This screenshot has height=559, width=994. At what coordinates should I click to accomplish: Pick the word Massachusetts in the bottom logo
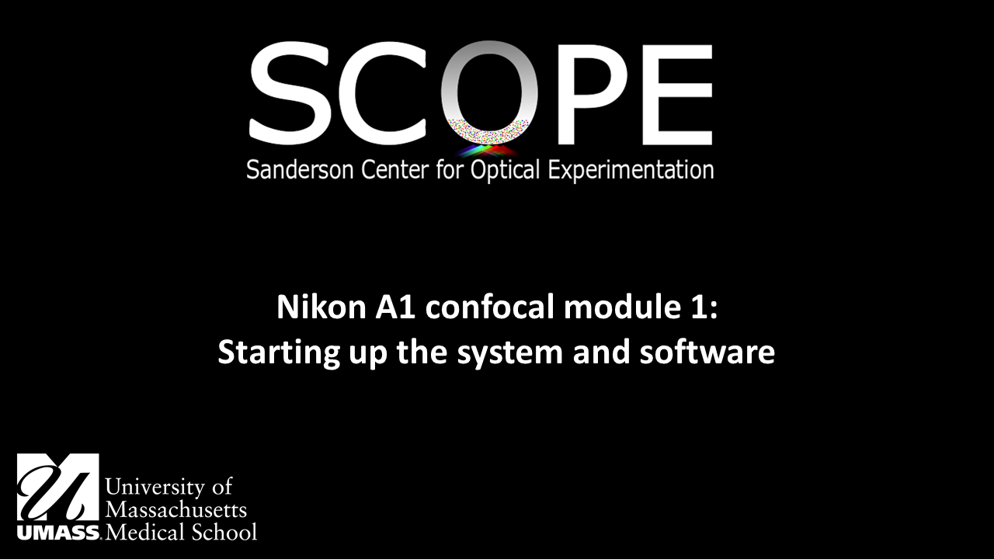[176, 510]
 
